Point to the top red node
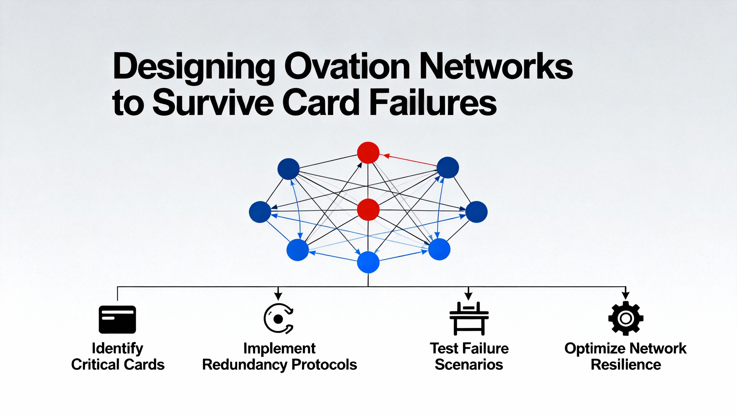pos(368,153)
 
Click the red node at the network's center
pos(368,210)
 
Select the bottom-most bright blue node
pos(368,262)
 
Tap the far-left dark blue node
pos(260,212)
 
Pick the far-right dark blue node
pos(476,212)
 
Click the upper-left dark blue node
pos(288,169)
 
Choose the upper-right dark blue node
pos(448,167)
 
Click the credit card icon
pos(117,320)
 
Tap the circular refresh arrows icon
pos(278,319)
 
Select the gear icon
pos(626,318)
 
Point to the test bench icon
pos(469,319)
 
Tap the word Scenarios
pos(469,365)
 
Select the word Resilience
pos(626,365)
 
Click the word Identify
pos(117,348)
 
